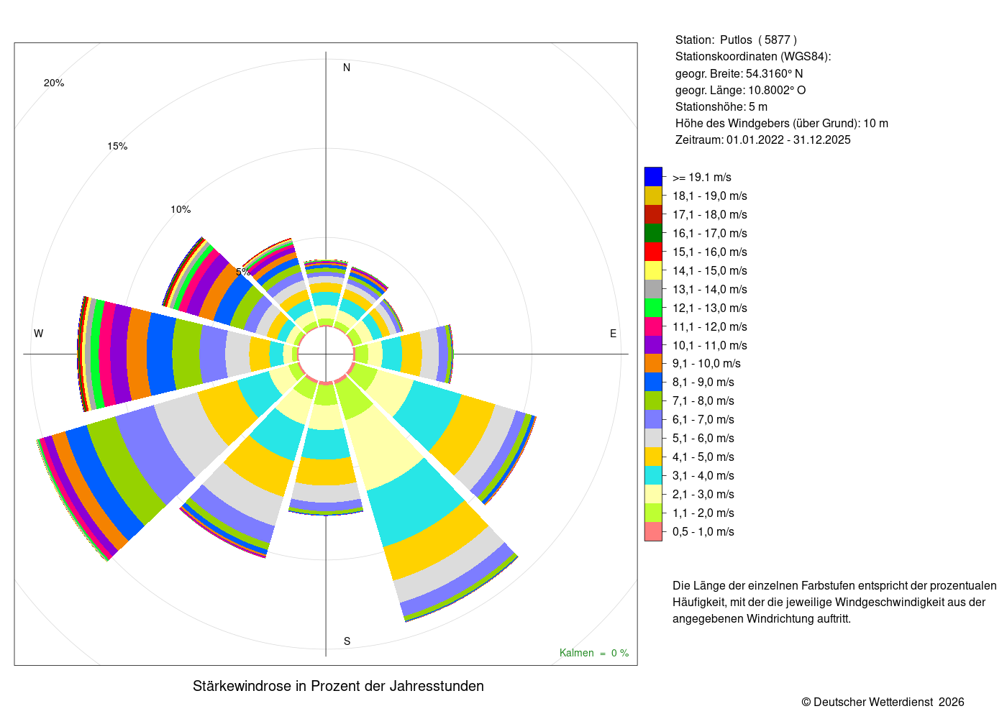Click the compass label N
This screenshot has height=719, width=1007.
(x=346, y=68)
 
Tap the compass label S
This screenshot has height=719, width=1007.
(x=347, y=641)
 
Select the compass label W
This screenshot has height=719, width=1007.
(x=38, y=334)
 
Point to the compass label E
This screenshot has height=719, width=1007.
(x=613, y=334)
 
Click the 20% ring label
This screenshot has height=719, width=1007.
(x=54, y=83)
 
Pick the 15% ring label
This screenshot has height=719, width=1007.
(x=117, y=147)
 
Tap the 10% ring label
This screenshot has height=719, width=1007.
(x=181, y=209)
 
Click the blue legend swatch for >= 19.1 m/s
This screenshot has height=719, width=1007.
(x=653, y=177)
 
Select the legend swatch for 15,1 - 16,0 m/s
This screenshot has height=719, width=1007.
(x=653, y=252)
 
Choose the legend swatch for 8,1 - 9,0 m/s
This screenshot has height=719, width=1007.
(x=653, y=382)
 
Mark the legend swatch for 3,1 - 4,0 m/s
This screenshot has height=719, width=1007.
(x=653, y=475)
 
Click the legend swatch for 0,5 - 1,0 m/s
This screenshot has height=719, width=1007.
(x=653, y=531)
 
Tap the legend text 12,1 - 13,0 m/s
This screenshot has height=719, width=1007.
(x=709, y=308)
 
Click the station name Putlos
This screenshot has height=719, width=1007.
(x=735, y=40)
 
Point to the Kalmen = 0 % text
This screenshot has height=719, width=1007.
(x=594, y=653)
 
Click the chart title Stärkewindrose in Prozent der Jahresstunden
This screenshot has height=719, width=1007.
(x=338, y=686)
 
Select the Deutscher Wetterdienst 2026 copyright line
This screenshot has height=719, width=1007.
(x=883, y=702)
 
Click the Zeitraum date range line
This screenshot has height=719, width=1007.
(x=762, y=139)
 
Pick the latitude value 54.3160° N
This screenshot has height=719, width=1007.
(x=774, y=73)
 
